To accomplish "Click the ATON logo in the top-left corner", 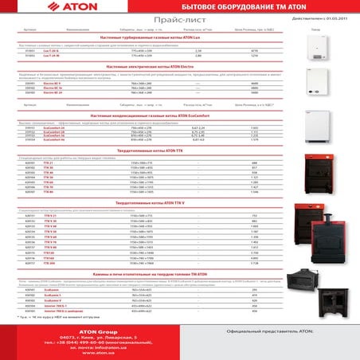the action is (x=41, y=9).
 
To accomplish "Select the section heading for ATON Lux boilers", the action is (x=155, y=38).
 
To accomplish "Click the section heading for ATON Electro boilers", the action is (x=155, y=67).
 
